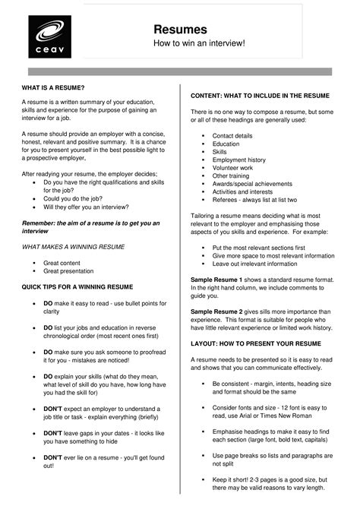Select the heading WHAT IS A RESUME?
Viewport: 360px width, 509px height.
pos(52,87)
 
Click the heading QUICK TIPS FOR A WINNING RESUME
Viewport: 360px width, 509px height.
pos(77,286)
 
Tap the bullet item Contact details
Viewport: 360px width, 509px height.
pos(232,135)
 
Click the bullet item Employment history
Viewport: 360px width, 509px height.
pos(239,160)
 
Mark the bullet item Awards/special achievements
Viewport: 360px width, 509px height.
pos(252,183)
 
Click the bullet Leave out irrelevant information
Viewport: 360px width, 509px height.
pos(255,264)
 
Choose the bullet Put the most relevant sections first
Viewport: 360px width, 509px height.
pos(258,248)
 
